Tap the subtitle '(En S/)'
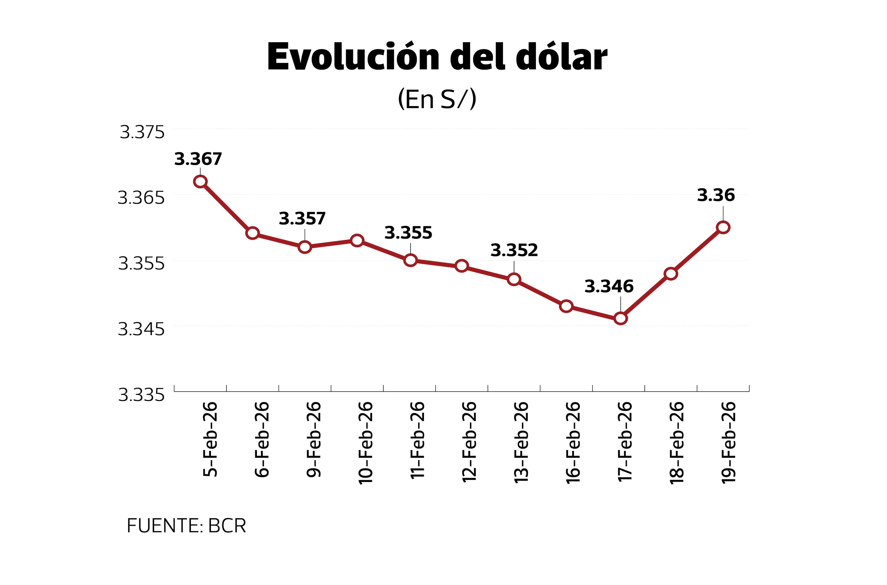(437, 99)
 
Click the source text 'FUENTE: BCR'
(186, 526)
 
